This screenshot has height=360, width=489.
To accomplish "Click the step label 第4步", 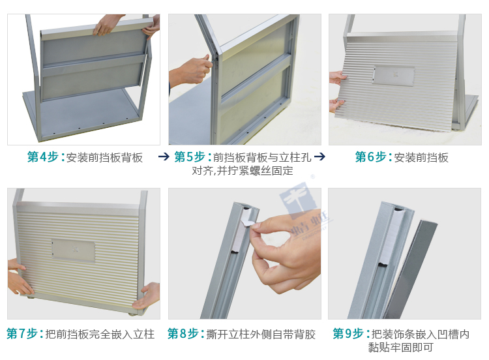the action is pos(43,157).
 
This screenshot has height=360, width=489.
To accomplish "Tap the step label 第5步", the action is pos(190,157).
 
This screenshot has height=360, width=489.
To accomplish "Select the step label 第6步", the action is pos(371,157).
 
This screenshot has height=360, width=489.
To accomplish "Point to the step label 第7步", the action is pos(22,334).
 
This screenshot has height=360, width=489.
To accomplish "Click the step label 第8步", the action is pos(183,334).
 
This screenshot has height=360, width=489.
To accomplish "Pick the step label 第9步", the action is pos(348,334).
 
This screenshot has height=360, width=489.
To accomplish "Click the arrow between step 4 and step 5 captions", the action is pos(164,157).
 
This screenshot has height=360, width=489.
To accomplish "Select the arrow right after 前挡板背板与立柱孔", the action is pos(319,157).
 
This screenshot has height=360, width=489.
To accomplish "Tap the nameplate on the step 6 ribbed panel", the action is pos(394,76).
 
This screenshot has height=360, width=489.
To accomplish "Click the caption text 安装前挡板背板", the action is pos(104,158).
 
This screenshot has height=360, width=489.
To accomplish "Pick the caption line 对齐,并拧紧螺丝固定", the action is pos(243,171).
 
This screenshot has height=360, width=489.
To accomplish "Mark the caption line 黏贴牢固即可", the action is pos(400,347).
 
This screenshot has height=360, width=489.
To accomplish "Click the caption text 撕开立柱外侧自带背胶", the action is pos(261,334).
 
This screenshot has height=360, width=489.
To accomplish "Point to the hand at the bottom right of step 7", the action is pos(147,295).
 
